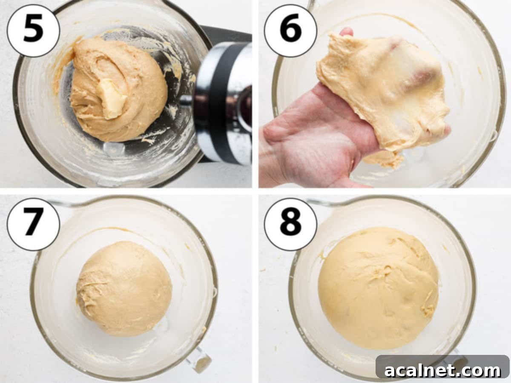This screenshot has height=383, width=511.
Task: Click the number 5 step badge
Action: point(33,30)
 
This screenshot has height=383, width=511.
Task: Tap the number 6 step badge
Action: point(290,30)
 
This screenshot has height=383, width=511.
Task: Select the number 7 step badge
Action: point(33,224)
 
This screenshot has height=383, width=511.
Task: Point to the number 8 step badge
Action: point(290,224)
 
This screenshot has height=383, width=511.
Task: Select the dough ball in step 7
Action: point(124,289)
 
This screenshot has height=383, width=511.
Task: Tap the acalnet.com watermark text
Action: point(443,370)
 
